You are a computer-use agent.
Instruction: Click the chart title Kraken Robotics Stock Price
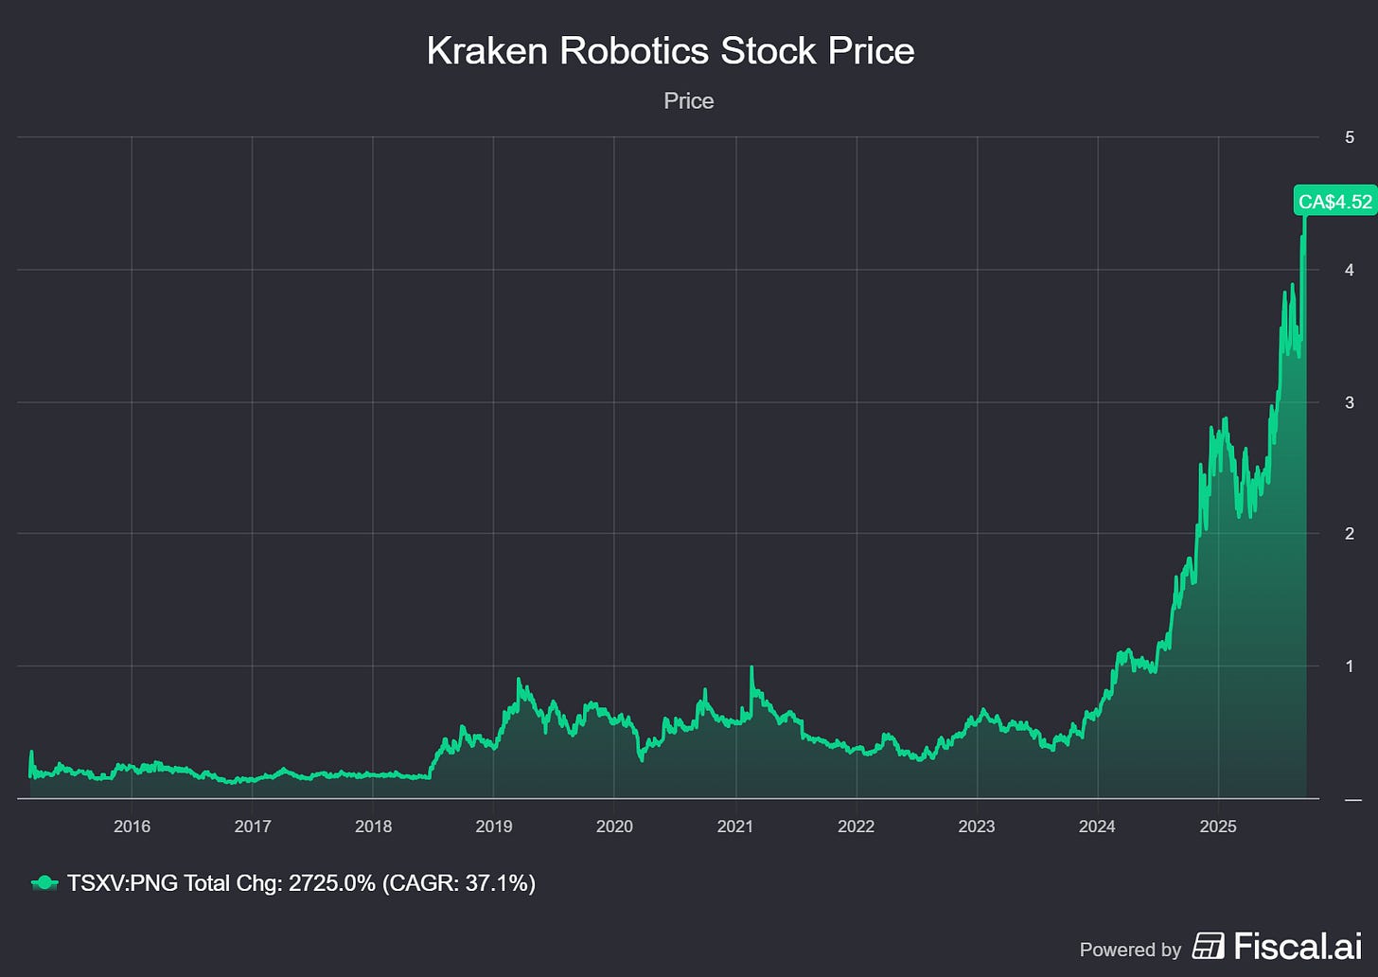pyautogui.click(x=670, y=51)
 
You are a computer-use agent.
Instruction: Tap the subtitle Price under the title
pyautogui.click(x=688, y=101)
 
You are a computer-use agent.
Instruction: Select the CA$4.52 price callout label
pyautogui.click(x=1334, y=202)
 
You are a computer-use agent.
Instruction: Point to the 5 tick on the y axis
pyautogui.click(x=1349, y=137)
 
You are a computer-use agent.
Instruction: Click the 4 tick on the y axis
pyautogui.click(x=1349, y=270)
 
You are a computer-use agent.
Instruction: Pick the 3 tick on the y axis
pyautogui.click(x=1349, y=402)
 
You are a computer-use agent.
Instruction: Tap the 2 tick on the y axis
pyautogui.click(x=1349, y=534)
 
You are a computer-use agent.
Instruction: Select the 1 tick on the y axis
pyautogui.click(x=1349, y=666)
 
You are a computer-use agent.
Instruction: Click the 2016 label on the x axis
pyautogui.click(x=132, y=826)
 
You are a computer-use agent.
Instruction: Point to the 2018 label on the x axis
pyautogui.click(x=373, y=826)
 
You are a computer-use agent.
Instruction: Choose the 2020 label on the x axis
pyautogui.click(x=614, y=826)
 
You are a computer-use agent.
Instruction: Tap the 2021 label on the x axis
pyautogui.click(x=734, y=826)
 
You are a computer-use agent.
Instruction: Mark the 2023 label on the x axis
pyautogui.click(x=976, y=826)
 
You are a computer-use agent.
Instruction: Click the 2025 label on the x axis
pyautogui.click(x=1217, y=826)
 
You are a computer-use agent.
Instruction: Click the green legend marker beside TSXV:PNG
pyautogui.click(x=44, y=883)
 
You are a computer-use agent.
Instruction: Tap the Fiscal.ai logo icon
pyautogui.click(x=1208, y=946)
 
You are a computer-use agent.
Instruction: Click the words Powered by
pyautogui.click(x=1130, y=950)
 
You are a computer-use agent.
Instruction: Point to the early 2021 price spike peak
pyautogui.click(x=751, y=668)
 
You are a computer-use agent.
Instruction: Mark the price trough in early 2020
pyautogui.click(x=642, y=758)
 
